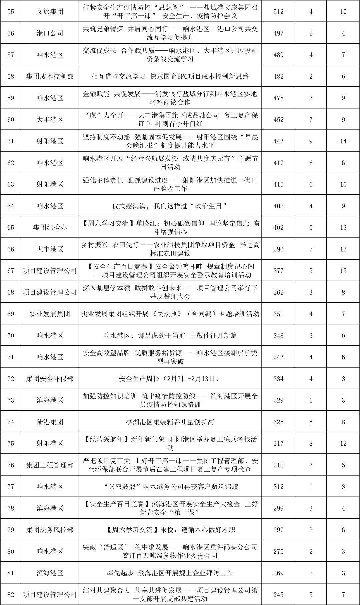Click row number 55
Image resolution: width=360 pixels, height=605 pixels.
(x=11, y=12)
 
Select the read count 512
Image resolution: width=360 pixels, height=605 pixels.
(x=278, y=12)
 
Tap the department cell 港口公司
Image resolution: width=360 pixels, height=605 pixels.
(x=50, y=33)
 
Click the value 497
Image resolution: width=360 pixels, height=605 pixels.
(x=278, y=33)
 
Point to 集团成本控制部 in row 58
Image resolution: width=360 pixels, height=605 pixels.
(x=50, y=76)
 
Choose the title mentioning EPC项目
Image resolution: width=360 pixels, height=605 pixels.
(x=170, y=76)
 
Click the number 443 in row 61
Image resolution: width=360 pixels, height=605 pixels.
(x=278, y=141)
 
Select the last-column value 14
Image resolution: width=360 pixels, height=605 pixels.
(x=343, y=141)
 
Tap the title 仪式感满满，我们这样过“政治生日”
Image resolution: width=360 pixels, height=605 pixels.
(x=170, y=206)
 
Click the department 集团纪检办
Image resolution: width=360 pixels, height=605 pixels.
(x=50, y=228)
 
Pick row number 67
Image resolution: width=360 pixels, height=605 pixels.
(x=11, y=271)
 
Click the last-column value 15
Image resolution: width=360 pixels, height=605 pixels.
(x=343, y=271)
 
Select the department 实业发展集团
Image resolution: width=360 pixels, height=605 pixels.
(x=50, y=314)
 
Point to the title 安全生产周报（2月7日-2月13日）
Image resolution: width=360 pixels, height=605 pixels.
(x=170, y=379)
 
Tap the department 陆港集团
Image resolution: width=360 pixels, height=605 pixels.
(x=50, y=422)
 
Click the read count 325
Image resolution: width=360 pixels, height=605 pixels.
(x=278, y=422)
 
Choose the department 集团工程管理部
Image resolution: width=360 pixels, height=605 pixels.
(x=50, y=465)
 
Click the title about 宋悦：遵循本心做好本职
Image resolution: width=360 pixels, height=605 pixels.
(x=170, y=530)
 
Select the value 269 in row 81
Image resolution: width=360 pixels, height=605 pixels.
(x=278, y=573)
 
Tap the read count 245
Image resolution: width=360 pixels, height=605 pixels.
(x=278, y=595)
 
